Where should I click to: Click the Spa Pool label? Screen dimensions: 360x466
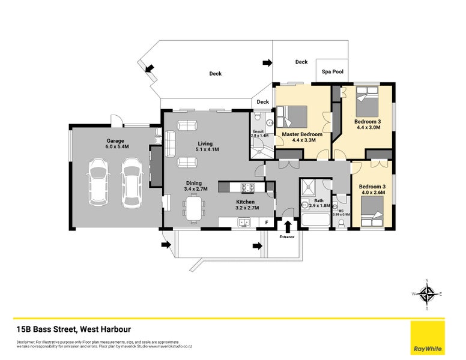tap(332, 72)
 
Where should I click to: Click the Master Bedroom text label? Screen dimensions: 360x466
tap(298, 134)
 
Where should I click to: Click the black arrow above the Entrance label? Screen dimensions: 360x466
tap(287, 226)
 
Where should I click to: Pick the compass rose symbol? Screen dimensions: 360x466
tap(427, 294)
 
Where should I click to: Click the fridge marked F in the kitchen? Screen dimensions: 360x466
tap(267, 223)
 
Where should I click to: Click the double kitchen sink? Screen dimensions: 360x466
tap(244, 223)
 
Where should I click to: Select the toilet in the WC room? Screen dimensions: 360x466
tap(341, 223)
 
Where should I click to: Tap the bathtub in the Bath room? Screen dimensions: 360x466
tap(314, 223)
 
